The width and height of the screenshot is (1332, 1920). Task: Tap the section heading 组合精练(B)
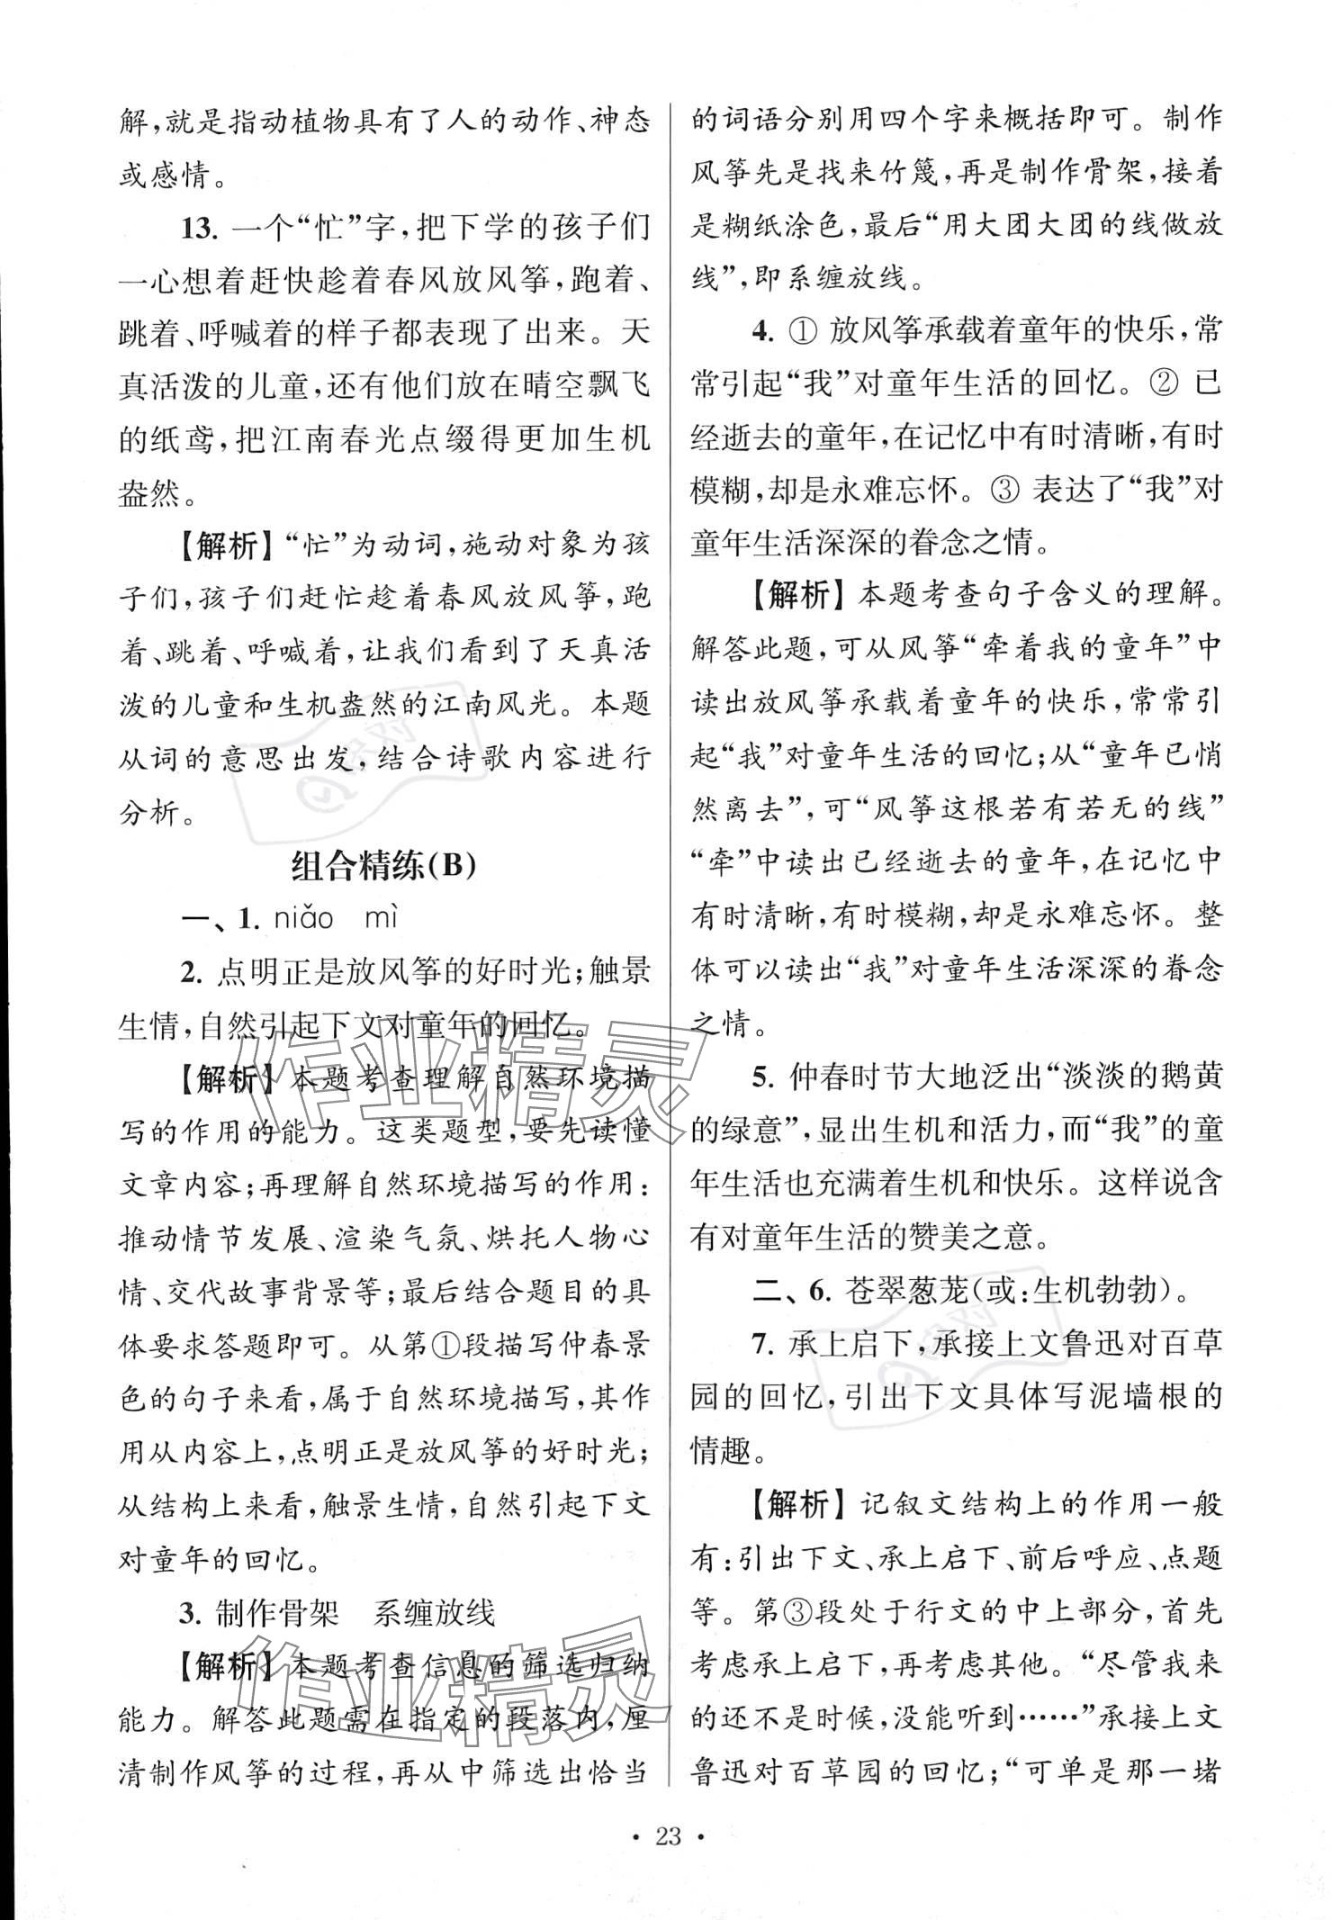(x=383, y=867)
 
